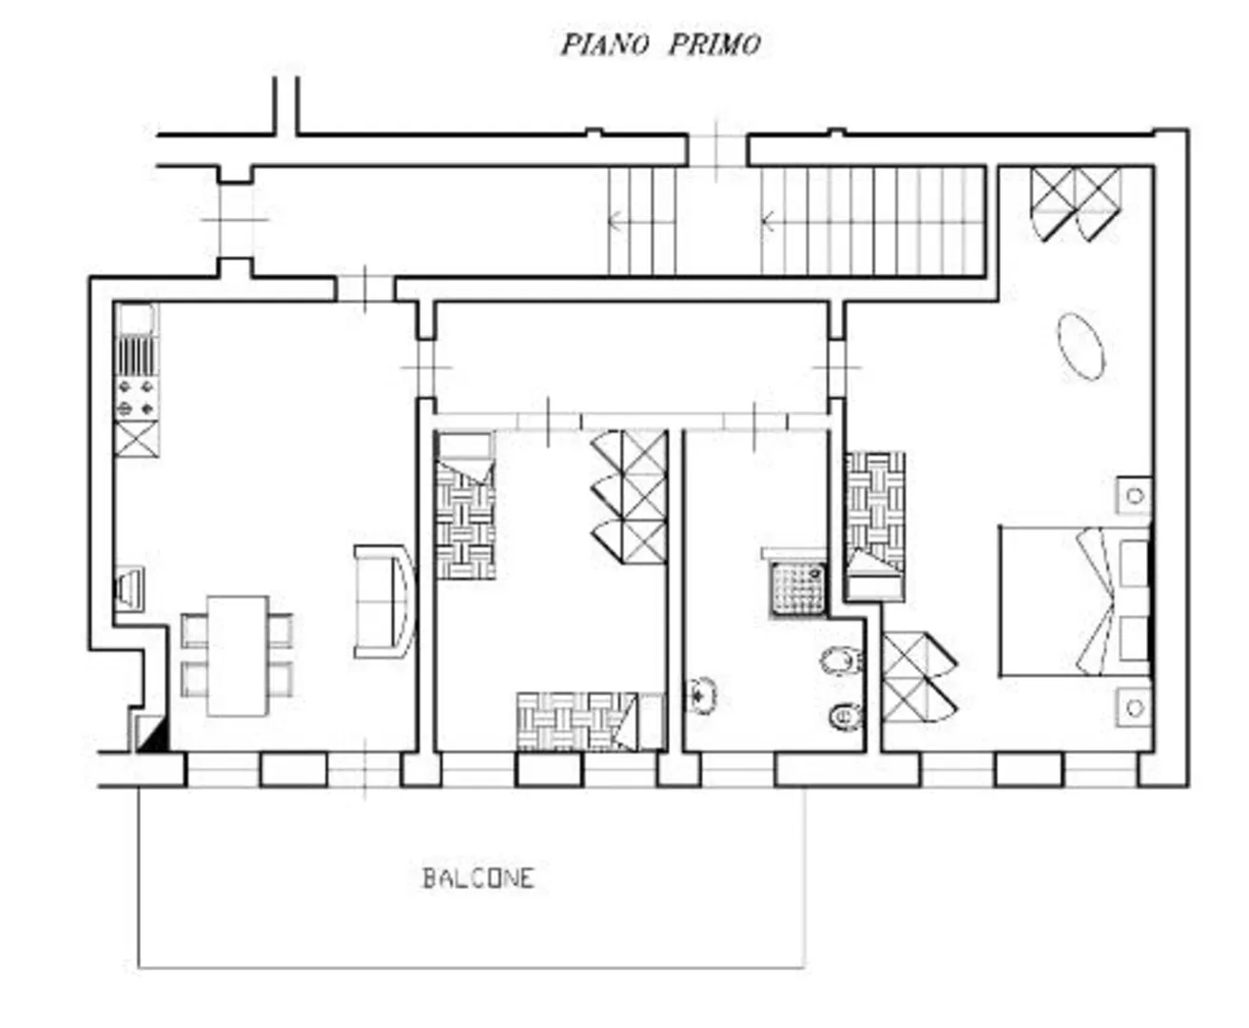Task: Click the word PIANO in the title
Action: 605,45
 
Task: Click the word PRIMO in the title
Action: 714,45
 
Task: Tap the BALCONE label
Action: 478,879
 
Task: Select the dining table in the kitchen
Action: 238,656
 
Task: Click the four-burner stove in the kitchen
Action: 137,398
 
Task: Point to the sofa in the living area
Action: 384,602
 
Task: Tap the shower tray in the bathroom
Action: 798,589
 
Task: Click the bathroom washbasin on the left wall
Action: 701,695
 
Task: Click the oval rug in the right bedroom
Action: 1082,346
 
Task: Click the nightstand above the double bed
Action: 1134,495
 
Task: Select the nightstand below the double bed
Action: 1134,707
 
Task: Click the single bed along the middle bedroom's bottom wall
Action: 592,722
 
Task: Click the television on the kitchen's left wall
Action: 129,589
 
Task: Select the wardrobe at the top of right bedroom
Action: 1076,205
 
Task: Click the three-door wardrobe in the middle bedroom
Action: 630,497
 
